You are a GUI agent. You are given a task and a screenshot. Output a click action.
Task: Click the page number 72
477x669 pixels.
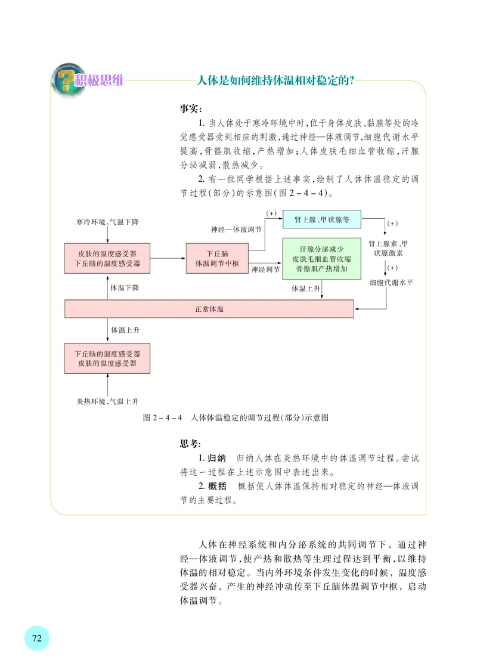tap(36, 638)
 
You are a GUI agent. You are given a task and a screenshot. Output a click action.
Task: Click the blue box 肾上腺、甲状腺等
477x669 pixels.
tap(321, 221)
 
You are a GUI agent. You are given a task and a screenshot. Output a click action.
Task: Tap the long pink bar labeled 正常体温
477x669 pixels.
tap(209, 309)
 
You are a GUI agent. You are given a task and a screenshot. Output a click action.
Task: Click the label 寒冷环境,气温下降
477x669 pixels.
tap(104, 222)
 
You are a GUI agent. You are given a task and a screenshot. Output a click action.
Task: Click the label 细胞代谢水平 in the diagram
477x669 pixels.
tap(391, 282)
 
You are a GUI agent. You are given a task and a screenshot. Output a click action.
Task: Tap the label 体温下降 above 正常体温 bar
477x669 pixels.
tap(125, 288)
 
